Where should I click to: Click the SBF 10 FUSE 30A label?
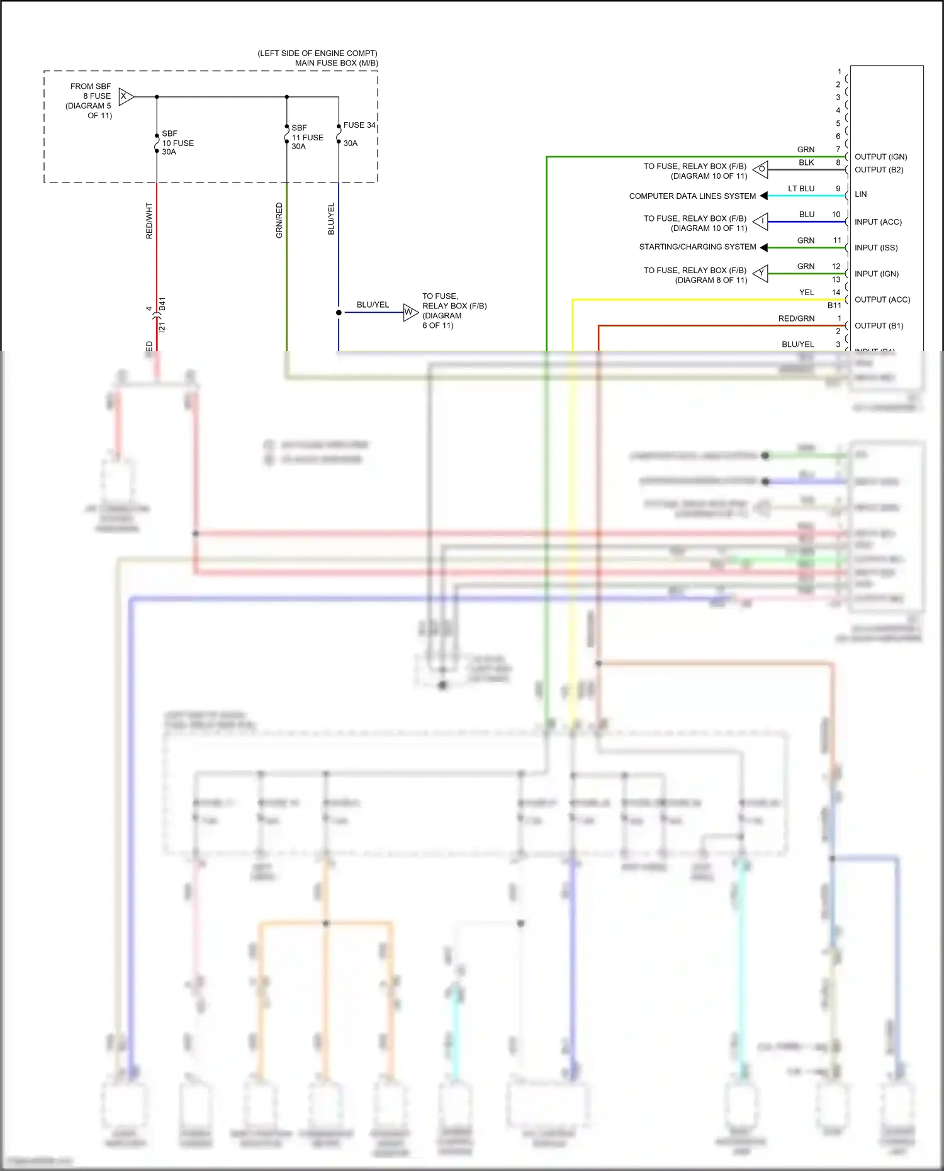177,143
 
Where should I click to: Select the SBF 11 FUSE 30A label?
307,137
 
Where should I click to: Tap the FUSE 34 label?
359,125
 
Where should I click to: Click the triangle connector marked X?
125,96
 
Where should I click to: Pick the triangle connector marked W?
410,312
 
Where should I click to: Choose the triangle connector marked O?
761,169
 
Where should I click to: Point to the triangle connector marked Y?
761,273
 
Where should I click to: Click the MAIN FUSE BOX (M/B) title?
336,63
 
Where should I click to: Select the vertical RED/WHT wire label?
149,220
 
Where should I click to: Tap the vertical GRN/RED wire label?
279,220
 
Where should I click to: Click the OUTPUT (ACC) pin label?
882,300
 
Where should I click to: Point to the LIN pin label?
860,194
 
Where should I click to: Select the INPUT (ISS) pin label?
875,248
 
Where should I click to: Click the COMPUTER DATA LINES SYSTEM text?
692,196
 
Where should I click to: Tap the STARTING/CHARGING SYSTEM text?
697,247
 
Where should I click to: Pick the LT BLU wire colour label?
801,189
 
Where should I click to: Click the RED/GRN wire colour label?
796,318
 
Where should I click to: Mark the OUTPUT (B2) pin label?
879,170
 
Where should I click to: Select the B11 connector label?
834,305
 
